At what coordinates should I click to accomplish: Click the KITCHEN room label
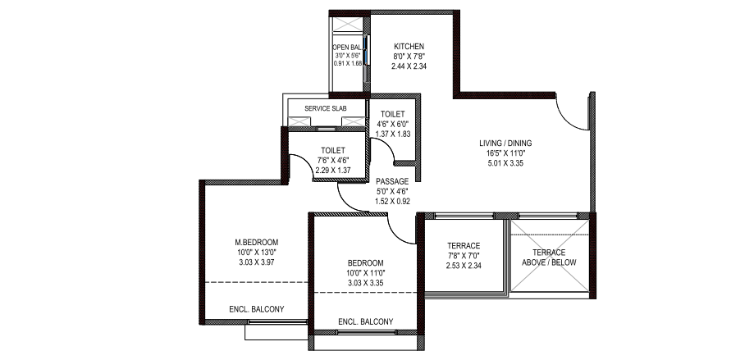coord(409,47)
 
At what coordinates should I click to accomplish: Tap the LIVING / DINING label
coord(505,144)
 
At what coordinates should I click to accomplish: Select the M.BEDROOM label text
coord(256,242)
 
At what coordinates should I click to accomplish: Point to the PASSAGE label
coord(392,182)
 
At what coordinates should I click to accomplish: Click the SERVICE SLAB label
coord(326,108)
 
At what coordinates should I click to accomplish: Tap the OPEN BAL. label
coord(347,48)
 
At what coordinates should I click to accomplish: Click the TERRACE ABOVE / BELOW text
coord(549,257)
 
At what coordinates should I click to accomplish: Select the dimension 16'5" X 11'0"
coord(505,153)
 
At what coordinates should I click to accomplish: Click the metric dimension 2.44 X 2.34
coord(409,66)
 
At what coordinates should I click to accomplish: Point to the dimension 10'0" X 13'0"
coord(256,253)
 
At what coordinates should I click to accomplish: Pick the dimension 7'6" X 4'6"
coord(333,161)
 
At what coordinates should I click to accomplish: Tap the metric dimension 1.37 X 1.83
coord(393,134)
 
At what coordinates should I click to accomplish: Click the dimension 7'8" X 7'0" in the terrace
coord(464,256)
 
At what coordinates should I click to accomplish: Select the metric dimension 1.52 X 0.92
coord(392,202)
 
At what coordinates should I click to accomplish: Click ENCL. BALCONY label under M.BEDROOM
coord(257,309)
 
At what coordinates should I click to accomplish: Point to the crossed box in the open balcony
coord(348,25)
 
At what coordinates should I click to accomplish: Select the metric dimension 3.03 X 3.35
coord(366,283)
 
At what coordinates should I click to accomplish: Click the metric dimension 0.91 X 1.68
coord(347,63)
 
